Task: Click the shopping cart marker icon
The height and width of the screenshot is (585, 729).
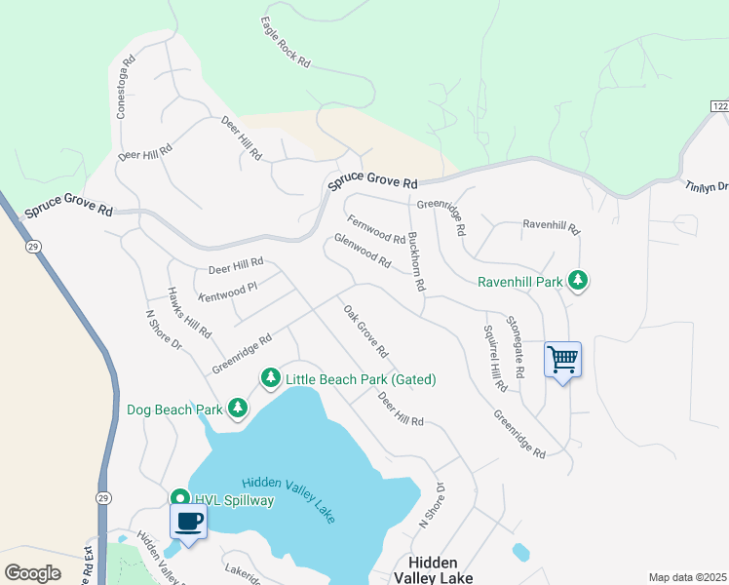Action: (563, 360)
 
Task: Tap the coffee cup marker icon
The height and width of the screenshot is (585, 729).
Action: (188, 521)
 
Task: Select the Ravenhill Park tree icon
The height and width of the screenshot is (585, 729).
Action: (579, 281)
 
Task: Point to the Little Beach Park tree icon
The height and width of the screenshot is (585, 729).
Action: (269, 377)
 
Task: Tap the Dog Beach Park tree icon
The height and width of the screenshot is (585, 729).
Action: (237, 408)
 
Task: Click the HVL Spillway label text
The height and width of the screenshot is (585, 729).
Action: (234, 500)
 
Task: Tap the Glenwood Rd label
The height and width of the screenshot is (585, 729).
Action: (363, 251)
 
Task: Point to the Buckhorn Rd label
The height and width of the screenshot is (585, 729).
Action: (416, 262)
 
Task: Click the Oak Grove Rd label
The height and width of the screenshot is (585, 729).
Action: (365, 331)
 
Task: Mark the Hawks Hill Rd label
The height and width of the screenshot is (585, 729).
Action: (189, 312)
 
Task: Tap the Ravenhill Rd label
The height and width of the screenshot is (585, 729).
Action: (551, 227)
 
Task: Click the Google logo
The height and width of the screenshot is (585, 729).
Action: (33, 572)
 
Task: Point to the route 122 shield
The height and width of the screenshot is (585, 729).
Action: (719, 105)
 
